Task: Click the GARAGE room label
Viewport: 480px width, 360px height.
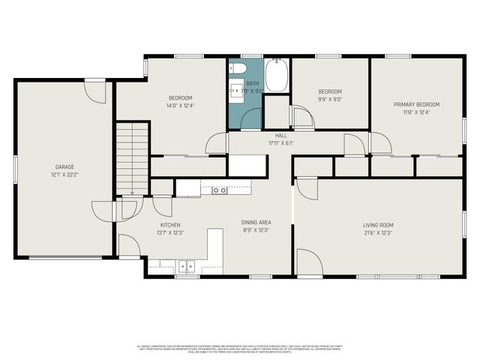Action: click(x=64, y=166)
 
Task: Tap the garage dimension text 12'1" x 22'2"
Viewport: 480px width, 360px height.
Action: click(x=64, y=174)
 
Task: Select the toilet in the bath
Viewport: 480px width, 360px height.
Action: click(x=237, y=70)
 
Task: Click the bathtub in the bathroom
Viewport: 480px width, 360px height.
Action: click(x=276, y=75)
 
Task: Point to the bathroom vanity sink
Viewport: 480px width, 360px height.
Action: click(x=237, y=91)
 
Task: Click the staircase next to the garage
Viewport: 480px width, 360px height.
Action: click(x=132, y=157)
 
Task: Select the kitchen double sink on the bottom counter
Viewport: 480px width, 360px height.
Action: click(x=185, y=265)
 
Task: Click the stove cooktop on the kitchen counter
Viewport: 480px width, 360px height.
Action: click(x=219, y=190)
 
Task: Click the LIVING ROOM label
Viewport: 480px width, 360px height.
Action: click(x=378, y=225)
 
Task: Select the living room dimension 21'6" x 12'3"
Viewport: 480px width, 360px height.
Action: click(x=378, y=232)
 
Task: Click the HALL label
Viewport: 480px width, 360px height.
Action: click(x=260, y=136)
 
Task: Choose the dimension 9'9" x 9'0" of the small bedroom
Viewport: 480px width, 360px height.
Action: click(x=330, y=98)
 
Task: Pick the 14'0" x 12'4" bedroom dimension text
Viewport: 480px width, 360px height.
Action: click(x=180, y=106)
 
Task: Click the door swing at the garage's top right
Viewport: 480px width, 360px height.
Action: click(x=95, y=91)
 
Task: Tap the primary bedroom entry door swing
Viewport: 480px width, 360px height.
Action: click(x=379, y=142)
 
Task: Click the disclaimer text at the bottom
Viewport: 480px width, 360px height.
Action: click(x=240, y=349)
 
